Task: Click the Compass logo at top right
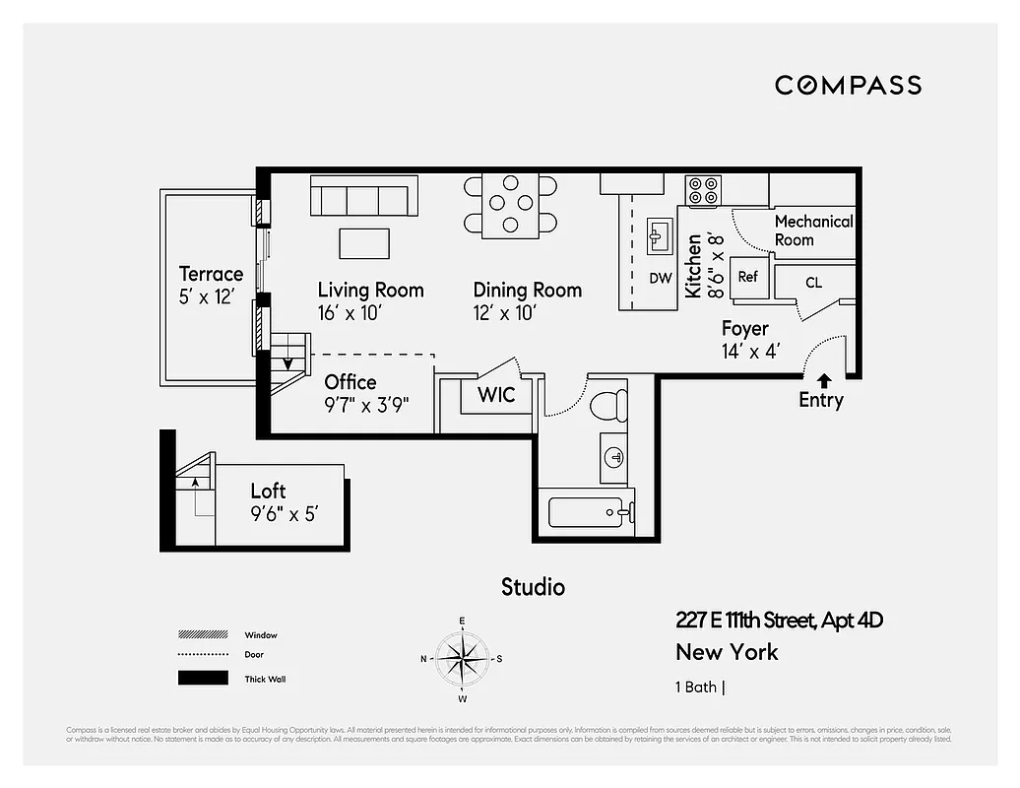(x=848, y=85)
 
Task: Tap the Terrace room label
(x=211, y=274)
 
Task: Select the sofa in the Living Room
(x=363, y=196)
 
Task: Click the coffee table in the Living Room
(x=364, y=242)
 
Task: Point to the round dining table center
(x=510, y=205)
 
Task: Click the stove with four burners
(x=704, y=191)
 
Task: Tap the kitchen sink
(x=659, y=236)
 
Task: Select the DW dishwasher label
(x=660, y=278)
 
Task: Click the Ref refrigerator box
(x=748, y=277)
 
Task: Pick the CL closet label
(x=813, y=283)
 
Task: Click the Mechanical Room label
(x=813, y=230)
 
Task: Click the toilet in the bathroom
(x=608, y=404)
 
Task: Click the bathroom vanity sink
(x=614, y=457)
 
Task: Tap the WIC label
(x=496, y=395)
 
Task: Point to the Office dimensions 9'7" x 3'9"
(x=367, y=404)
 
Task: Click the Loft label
(x=268, y=491)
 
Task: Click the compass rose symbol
(x=462, y=658)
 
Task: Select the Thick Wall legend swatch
(x=202, y=678)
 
